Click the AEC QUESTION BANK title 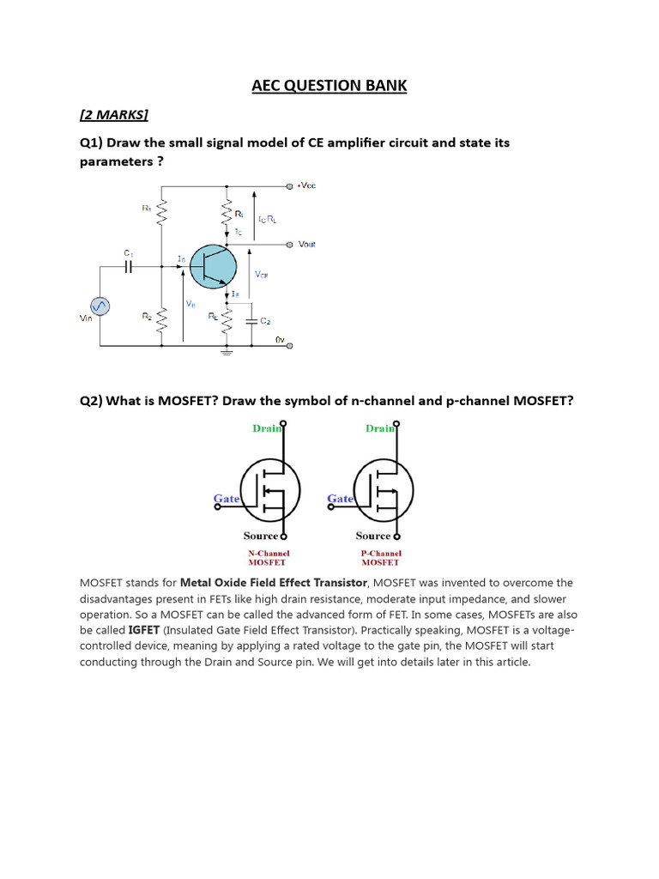(x=329, y=86)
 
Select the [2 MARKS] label (x=113, y=115)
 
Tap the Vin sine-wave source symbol (x=100, y=306)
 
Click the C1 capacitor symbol (x=129, y=266)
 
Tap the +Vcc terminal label (x=306, y=185)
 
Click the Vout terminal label (x=306, y=244)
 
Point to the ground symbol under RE (x=227, y=350)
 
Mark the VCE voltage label (x=262, y=275)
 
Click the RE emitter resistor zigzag (x=227, y=321)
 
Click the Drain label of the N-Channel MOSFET (x=266, y=427)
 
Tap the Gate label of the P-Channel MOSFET (x=340, y=499)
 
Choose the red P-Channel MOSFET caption (x=380, y=558)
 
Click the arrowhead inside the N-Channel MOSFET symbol (x=266, y=492)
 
